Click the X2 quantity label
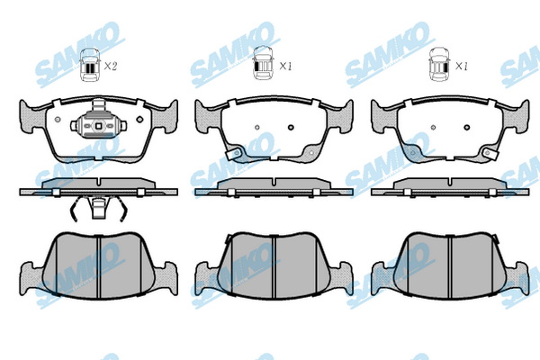click(111, 66)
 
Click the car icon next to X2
click(90, 65)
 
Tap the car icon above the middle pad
click(263, 63)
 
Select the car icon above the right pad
click(440, 65)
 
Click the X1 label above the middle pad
click(285, 66)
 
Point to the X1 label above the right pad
click(462, 66)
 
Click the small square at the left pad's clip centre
click(98, 126)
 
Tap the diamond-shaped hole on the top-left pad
click(139, 120)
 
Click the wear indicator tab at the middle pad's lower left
click(233, 154)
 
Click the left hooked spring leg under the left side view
click(76, 209)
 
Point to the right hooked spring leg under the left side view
click(121, 209)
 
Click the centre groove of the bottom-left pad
click(98, 265)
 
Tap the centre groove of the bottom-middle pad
click(274, 265)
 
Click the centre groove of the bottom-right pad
click(450, 265)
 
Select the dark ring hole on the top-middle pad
click(291, 127)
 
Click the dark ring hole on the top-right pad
click(467, 127)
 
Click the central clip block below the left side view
click(98, 208)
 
